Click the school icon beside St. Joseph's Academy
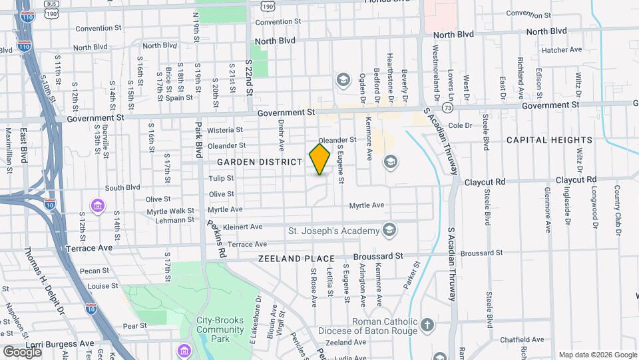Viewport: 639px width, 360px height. click(389, 231)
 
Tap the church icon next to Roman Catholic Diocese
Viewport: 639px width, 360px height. click(427, 326)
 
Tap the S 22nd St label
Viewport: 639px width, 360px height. click(249, 77)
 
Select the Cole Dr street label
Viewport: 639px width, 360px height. click(460, 125)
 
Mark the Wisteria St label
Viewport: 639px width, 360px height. click(223, 130)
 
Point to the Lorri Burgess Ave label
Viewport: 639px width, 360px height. click(63, 343)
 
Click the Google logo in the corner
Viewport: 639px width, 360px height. click(22, 351)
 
